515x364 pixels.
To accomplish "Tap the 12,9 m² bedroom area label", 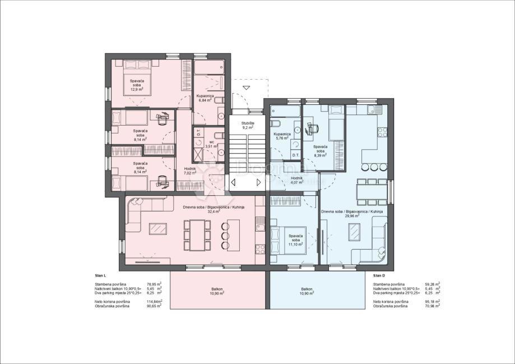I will tap(137, 85).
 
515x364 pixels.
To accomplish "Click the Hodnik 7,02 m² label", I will tap(190, 171).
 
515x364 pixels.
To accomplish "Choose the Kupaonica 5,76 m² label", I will tap(282, 136).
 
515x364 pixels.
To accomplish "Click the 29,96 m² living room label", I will tap(352, 214).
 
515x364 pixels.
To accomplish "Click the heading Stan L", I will tap(101, 276).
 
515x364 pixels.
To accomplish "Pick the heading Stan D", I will tap(380, 276).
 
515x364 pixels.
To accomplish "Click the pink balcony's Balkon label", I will tap(217, 291).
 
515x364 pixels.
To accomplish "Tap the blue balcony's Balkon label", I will tap(307, 291).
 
